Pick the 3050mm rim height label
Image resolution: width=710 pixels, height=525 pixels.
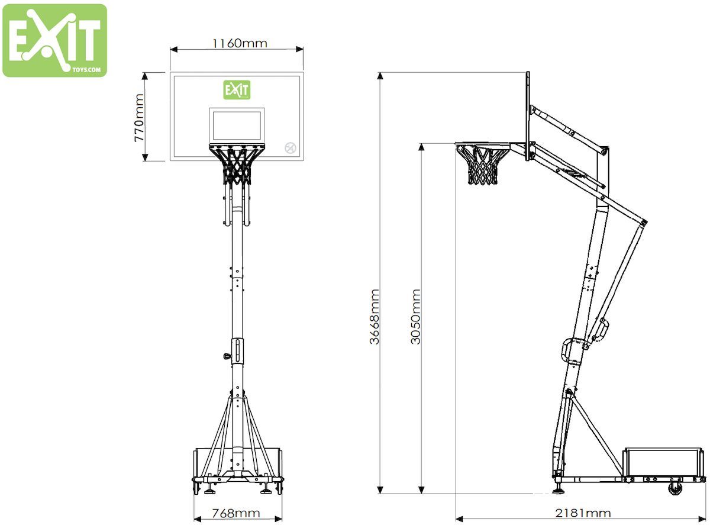(x=415, y=317)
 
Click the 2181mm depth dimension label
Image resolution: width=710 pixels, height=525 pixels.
(x=583, y=513)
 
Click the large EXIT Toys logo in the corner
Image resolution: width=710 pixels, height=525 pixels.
(x=54, y=40)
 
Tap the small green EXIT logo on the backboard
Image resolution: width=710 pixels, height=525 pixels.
(x=236, y=91)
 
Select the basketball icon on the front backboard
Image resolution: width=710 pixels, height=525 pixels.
(x=290, y=148)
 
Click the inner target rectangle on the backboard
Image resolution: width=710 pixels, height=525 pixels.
(x=236, y=125)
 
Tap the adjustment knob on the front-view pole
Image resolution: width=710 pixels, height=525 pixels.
(x=227, y=356)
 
